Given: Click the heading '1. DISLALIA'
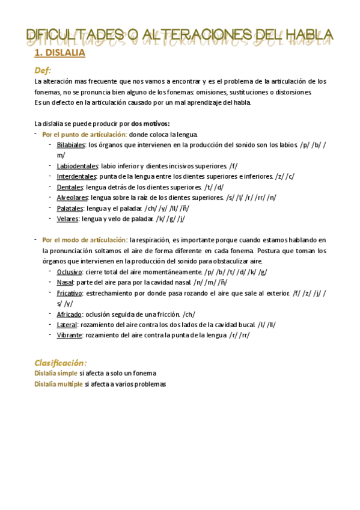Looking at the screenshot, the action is [59, 54].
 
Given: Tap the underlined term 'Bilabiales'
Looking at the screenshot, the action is [71, 145].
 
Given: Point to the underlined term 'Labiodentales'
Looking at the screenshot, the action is [78, 165].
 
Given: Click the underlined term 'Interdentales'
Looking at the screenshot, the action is [76, 176].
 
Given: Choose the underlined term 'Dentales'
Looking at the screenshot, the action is [70, 186].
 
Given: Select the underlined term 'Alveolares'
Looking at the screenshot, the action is [72, 197].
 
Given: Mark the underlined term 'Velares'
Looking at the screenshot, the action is [67, 218].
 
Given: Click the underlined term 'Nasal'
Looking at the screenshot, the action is [64, 282].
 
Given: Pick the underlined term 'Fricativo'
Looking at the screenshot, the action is [70, 292].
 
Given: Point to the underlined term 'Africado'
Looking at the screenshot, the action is [69, 313].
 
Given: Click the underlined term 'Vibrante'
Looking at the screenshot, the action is [69, 334].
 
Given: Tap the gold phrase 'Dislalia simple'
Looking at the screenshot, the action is [56, 373].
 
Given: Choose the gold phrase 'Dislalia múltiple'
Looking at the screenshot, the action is [58, 384].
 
